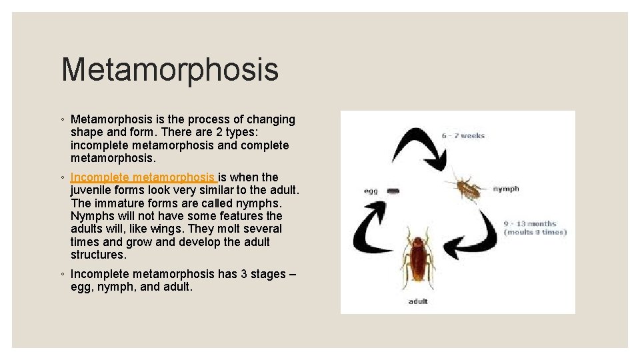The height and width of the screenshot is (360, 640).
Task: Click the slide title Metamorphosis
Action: pos(169,70)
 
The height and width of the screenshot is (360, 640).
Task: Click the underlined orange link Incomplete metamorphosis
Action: pos(143,177)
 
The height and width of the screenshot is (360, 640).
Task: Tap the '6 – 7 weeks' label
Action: pos(463,136)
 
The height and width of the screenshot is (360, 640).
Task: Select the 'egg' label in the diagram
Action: pos(371,191)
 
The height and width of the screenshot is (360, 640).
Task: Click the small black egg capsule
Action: pos(394,191)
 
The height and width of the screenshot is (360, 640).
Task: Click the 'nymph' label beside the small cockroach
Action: pos(506,189)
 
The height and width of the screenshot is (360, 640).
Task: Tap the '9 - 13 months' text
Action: pos(530,223)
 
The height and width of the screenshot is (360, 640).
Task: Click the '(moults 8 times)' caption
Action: pos(535,232)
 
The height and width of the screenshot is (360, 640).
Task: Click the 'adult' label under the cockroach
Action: pos(418,301)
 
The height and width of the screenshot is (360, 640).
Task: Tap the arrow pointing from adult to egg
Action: pos(373,231)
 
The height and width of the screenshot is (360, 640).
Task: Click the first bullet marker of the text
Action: pos(62,120)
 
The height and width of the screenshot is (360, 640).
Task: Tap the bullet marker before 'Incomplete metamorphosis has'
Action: pos(62,275)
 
